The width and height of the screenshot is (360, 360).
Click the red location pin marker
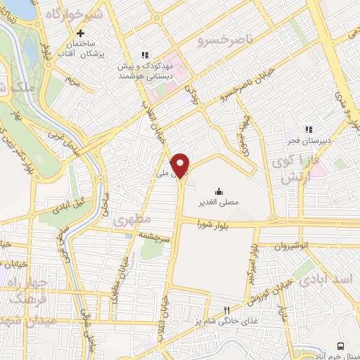pos(181,165)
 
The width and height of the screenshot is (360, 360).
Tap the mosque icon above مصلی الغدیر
pos(219,191)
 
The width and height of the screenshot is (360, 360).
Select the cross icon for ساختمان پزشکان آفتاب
pos(82,33)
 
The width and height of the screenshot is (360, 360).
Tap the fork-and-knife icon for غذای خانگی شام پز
pos(226,310)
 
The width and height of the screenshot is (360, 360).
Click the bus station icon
pos(340,346)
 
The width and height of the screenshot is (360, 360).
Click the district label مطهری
pos(131,220)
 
